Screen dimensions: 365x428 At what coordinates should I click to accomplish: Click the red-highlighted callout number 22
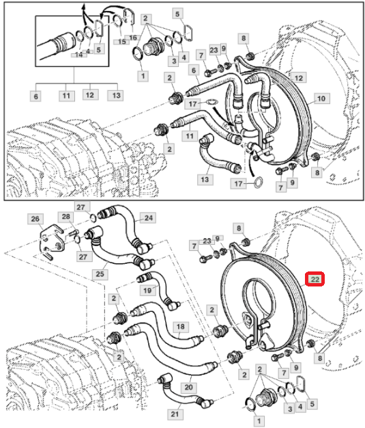[315, 279]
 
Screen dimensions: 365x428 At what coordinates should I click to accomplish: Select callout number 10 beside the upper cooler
[321, 98]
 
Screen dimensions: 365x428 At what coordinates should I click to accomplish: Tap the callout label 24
[149, 218]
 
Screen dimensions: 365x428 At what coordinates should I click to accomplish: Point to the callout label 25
[100, 273]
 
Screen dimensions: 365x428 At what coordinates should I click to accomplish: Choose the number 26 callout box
[35, 219]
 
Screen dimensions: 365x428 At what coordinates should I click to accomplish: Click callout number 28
[66, 217]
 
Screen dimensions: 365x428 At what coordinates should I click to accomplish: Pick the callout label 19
[147, 290]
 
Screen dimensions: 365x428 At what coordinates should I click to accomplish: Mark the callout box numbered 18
[181, 327]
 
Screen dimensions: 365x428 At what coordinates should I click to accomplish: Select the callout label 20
[188, 387]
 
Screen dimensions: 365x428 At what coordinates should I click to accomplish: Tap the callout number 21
[175, 414]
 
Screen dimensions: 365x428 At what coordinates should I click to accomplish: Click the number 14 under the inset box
[79, 55]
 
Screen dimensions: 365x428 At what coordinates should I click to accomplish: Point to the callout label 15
[121, 42]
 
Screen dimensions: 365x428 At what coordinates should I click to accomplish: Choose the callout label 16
[132, 38]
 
